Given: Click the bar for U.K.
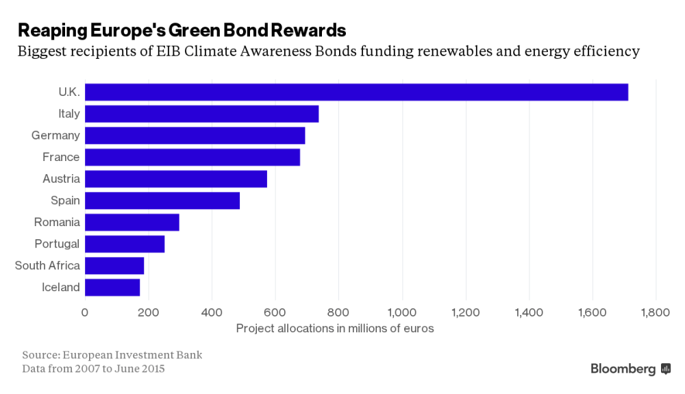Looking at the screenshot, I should [x=356, y=92].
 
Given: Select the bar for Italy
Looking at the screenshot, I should [x=201, y=114].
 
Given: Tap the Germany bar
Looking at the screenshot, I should [x=195, y=136].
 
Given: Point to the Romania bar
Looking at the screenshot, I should [x=132, y=222].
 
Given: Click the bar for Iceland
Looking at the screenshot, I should [x=112, y=287].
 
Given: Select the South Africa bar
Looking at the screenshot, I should [x=114, y=265].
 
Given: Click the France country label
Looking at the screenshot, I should [x=61, y=157].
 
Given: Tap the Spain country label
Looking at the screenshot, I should [x=65, y=201].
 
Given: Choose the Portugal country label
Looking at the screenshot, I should [x=57, y=244].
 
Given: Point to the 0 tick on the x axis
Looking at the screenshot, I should [x=85, y=312].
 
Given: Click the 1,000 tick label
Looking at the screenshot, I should [x=402, y=312].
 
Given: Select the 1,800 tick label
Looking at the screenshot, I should [x=656, y=312].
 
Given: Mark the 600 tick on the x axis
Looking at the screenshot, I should [x=275, y=312].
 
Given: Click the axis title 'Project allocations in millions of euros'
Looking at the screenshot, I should [x=335, y=328].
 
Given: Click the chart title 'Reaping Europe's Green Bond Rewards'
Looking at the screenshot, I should [x=182, y=30].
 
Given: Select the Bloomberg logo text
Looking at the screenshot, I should [x=623, y=369].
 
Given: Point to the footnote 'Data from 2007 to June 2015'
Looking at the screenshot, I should [x=93, y=369].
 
